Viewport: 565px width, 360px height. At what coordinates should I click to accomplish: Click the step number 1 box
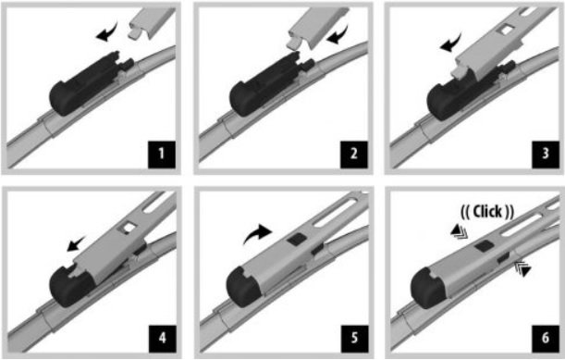click(x=162, y=155)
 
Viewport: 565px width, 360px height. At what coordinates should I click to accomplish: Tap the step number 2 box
click(x=354, y=155)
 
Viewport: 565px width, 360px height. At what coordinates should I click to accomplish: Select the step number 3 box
click(x=546, y=155)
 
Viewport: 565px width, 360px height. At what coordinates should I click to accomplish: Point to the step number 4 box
click(x=162, y=339)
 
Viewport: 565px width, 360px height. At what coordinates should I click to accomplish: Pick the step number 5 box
click(x=354, y=339)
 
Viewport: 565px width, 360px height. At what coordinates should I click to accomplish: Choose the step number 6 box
click(x=546, y=339)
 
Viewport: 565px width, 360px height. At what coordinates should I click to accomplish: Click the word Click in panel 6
click(x=487, y=211)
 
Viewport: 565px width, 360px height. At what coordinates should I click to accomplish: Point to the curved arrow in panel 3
click(x=450, y=43)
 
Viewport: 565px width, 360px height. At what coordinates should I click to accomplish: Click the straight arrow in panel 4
click(x=77, y=243)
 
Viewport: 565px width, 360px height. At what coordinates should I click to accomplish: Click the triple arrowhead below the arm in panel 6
click(x=523, y=268)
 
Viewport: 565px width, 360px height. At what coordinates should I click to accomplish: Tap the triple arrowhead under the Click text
click(x=459, y=231)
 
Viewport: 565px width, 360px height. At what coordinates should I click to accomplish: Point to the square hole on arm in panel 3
click(x=506, y=30)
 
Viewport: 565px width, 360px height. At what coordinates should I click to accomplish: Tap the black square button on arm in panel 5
click(x=297, y=239)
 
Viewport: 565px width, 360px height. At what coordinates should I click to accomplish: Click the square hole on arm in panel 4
click(x=129, y=228)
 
